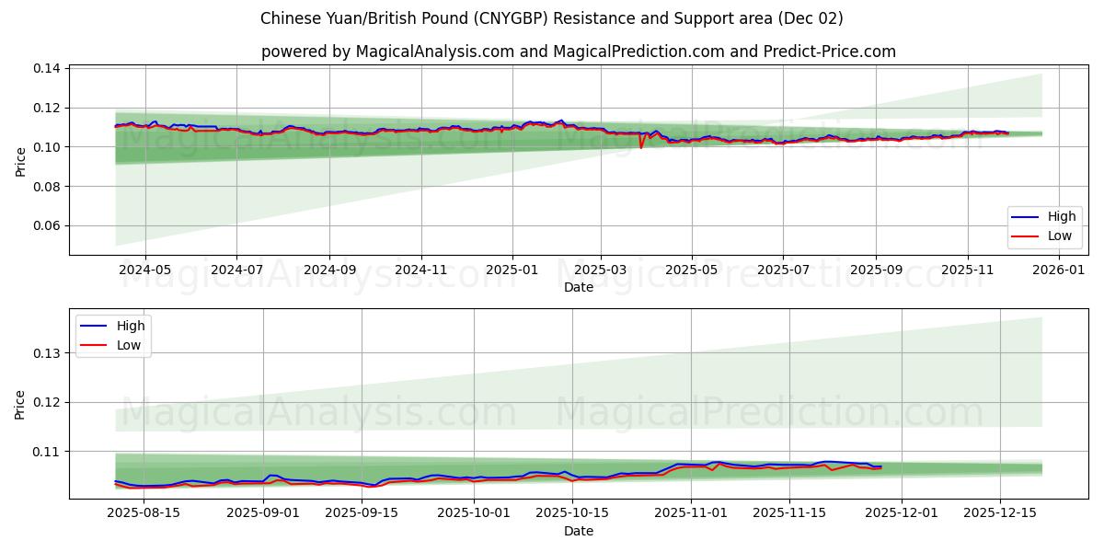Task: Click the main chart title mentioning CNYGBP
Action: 551,18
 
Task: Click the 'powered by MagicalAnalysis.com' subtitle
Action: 578,52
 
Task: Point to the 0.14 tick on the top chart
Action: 47,69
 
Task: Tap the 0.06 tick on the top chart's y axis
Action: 47,226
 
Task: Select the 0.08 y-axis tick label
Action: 47,187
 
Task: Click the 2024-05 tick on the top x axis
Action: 144,270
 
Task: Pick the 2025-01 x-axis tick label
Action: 512,270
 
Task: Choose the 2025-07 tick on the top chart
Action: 783,270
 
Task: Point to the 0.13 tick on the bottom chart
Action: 47,353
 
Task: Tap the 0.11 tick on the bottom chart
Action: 47,452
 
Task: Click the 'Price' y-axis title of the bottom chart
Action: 21,404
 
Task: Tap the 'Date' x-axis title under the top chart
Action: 578,287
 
